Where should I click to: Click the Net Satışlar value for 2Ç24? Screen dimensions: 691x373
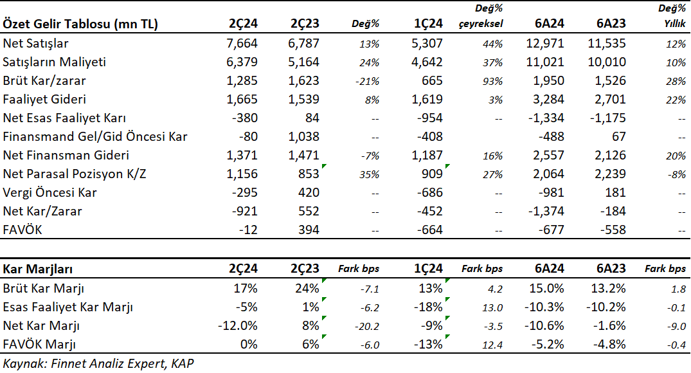coord(242,43)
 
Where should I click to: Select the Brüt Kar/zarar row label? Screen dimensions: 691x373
coord(44,80)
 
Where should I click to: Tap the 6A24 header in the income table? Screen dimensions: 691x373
coord(549,23)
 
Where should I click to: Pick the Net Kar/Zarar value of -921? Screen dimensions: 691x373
coord(245,211)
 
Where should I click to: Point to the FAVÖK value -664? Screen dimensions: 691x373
coord(429,230)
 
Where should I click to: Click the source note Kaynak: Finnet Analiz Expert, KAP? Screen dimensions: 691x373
coord(98,363)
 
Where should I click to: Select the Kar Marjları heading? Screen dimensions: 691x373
coord(37,269)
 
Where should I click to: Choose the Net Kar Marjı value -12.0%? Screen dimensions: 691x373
coord(238,325)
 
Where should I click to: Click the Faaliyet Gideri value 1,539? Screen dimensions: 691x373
coord(303,99)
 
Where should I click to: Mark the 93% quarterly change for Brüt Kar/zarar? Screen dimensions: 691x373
coord(492,82)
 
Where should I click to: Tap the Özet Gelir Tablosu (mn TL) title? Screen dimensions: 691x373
coord(80,24)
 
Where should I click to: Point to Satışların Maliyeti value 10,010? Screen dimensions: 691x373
coord(607,62)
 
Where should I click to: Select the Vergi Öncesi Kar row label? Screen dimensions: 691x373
coord(49,193)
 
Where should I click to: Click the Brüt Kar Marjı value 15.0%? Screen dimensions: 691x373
coord(546,288)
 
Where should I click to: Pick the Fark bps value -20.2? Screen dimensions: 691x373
coord(366,327)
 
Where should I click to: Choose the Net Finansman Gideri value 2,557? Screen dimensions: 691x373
coord(549,155)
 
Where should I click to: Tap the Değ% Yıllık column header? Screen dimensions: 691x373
coord(672,16)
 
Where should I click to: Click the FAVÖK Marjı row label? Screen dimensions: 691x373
coord(39,344)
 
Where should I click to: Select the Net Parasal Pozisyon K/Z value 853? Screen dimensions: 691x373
coord(309,174)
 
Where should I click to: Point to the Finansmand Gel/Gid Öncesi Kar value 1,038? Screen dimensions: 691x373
coord(303,137)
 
